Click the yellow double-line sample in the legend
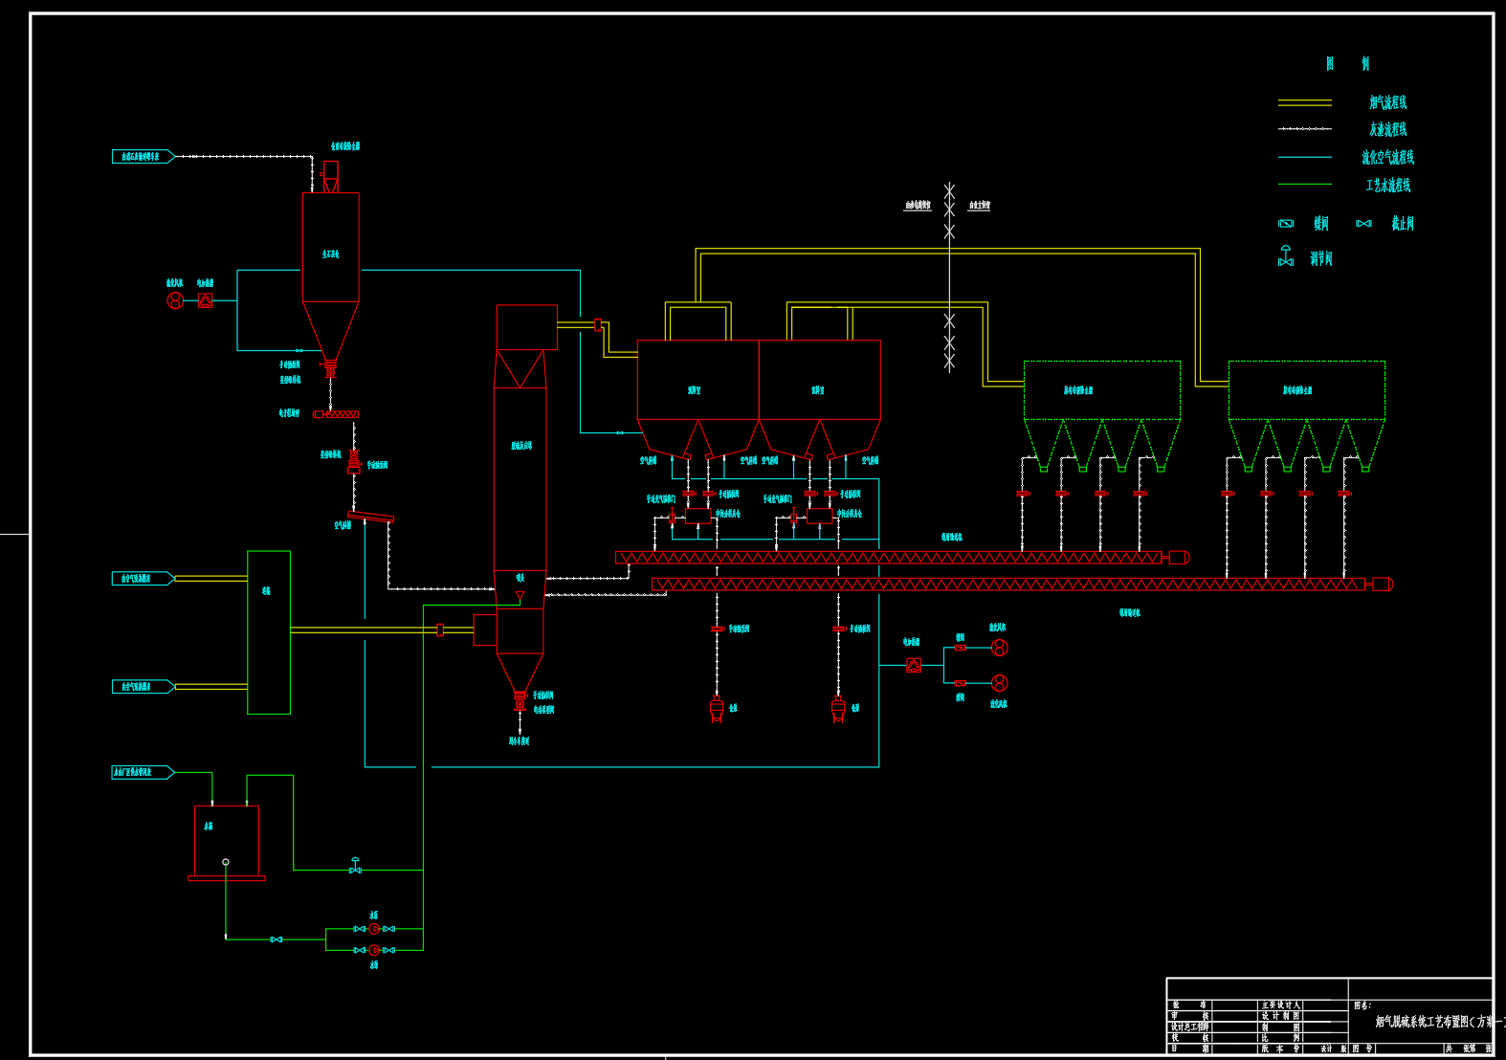click(x=1304, y=101)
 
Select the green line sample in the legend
click(x=1304, y=184)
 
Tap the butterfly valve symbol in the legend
click(x=1286, y=224)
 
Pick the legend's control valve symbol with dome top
click(x=1286, y=256)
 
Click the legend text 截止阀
click(x=1402, y=224)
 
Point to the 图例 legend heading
click(x=1347, y=64)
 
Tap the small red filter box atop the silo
click(x=331, y=171)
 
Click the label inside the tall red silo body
click(x=330, y=254)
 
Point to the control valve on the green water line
click(x=356, y=866)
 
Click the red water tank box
click(x=227, y=840)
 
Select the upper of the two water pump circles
click(x=374, y=929)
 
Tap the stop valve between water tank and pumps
click(x=277, y=939)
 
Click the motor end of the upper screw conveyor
click(x=1179, y=558)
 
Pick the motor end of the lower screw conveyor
click(x=1383, y=585)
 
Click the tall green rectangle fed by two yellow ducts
click(x=269, y=632)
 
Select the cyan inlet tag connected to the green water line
click(x=143, y=772)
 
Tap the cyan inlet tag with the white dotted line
click(x=143, y=156)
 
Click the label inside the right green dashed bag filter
click(x=1297, y=390)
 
